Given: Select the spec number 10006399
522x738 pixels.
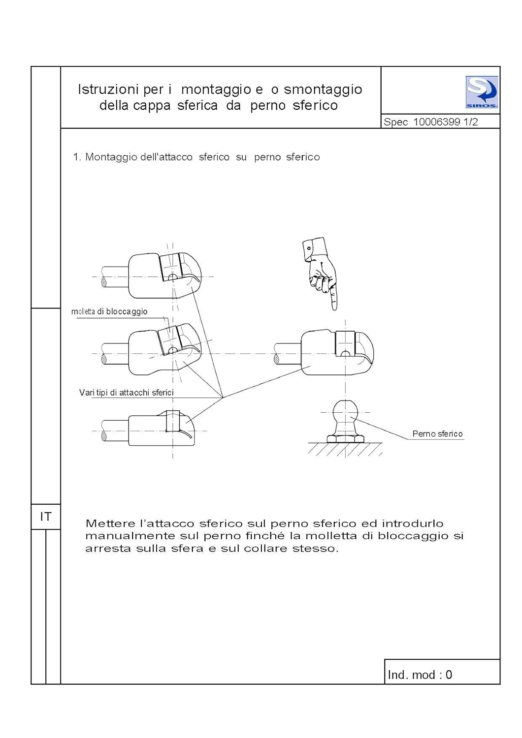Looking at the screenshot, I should tap(436, 122).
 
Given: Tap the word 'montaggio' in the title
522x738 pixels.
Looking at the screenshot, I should tap(216, 90).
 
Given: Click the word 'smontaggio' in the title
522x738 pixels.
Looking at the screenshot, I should tap(323, 90).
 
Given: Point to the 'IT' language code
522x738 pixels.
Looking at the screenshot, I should tap(45, 517).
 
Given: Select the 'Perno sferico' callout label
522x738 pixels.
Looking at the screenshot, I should tap(437, 434).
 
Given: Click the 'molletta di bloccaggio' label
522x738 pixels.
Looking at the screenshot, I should tap(109, 311).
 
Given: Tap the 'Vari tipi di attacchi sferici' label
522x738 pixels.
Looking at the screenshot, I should tap(127, 393).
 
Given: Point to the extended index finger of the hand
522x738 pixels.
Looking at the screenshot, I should tap(335, 298).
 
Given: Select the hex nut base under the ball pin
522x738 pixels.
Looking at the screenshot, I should tap(346, 438).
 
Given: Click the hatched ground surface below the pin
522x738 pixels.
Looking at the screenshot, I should tap(346, 449).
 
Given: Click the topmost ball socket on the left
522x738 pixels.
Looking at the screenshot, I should tap(164, 276).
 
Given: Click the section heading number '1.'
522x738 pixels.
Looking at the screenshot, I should tap(77, 157).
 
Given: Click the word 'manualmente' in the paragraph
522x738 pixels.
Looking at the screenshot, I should tap(130, 536).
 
